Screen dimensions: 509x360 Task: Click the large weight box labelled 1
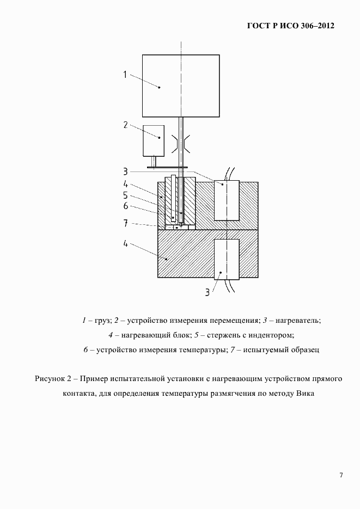tap(180, 85)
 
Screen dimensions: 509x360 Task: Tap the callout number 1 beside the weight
tap(125, 75)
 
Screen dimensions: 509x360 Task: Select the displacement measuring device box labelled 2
tap(154, 140)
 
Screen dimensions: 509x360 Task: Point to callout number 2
tap(125, 125)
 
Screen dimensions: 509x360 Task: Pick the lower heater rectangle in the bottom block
tap(227, 259)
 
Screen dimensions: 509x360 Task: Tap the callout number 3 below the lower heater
tap(208, 292)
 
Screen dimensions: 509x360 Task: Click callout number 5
tap(125, 195)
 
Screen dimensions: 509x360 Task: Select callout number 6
tap(125, 206)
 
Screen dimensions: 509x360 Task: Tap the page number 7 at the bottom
tap(341, 475)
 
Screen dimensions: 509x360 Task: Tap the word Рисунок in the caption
tap(50, 378)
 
